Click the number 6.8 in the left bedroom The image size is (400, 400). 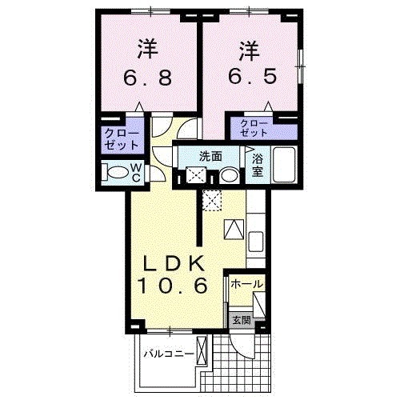pos(146,79)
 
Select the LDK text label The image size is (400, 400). pos(175,263)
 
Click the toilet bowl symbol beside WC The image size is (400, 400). pos(118,172)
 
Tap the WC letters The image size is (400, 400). pos(136,172)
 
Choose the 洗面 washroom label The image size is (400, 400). pos(212,157)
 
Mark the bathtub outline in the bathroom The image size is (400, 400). pos(284,165)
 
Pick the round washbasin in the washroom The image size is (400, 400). pos(229,175)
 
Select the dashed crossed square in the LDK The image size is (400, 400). pos(210,201)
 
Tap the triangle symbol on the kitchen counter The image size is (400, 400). pos(233,229)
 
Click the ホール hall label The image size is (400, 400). pos(246,284)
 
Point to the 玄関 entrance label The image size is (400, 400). pos(241,319)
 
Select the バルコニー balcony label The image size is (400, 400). pos(169,352)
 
